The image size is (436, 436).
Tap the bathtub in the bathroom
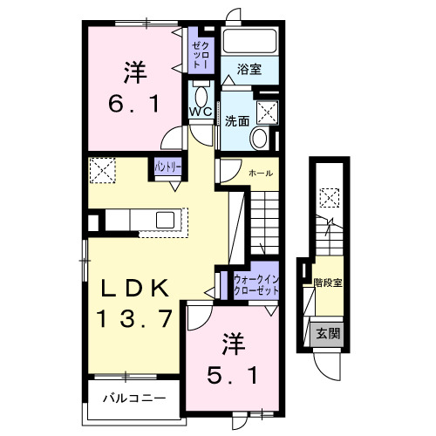click(x=249, y=41)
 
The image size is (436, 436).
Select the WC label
click(x=200, y=112)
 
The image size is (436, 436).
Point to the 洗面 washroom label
click(x=236, y=121)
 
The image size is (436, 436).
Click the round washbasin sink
click(x=259, y=138)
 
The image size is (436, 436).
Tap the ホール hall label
click(x=259, y=174)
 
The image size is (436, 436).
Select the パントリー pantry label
click(x=167, y=165)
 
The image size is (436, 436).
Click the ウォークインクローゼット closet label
click(x=255, y=284)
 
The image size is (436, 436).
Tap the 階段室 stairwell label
click(x=328, y=282)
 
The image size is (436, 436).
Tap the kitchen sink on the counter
click(x=165, y=218)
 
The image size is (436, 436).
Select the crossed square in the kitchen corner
click(x=104, y=169)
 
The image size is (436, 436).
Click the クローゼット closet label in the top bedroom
click(x=200, y=55)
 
